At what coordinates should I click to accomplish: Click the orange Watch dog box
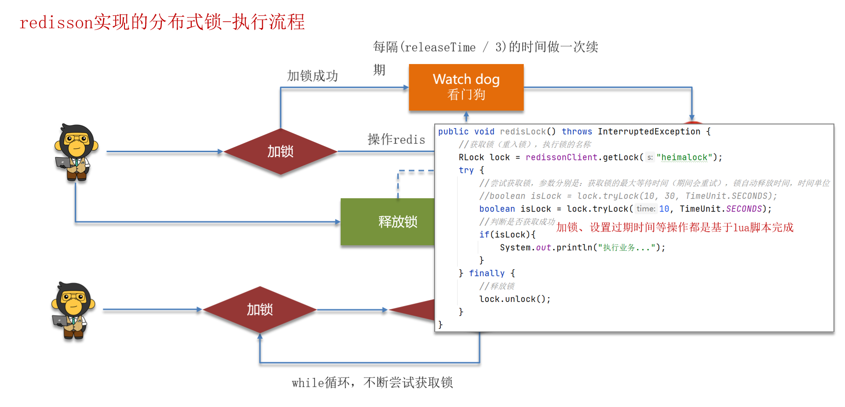pyautogui.click(x=466, y=87)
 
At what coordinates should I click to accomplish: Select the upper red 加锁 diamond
pyautogui.click(x=280, y=151)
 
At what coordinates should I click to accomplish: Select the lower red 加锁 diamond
pyautogui.click(x=260, y=309)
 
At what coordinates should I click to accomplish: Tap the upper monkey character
pyautogui.click(x=76, y=152)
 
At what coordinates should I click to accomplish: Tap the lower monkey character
pyautogui.click(x=73, y=310)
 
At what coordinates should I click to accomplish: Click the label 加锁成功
pyautogui.click(x=312, y=76)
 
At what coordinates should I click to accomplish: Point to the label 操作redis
pyautogui.click(x=396, y=139)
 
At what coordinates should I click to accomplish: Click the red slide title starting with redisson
pyautogui.click(x=162, y=22)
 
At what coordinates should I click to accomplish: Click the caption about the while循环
pyautogui.click(x=372, y=383)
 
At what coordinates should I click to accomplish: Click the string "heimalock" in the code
pyautogui.click(x=684, y=157)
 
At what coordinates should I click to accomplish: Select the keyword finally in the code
pyautogui.click(x=486, y=273)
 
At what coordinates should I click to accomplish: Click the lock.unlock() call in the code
pyautogui.click(x=514, y=299)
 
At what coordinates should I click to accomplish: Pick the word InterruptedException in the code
pyautogui.click(x=649, y=131)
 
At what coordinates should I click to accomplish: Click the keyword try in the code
pyautogui.click(x=466, y=170)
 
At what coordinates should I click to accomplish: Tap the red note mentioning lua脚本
pyautogui.click(x=674, y=227)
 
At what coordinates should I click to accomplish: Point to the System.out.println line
pyautogui.click(x=582, y=248)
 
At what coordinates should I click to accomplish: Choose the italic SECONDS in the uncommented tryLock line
pyautogui.click(x=744, y=209)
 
